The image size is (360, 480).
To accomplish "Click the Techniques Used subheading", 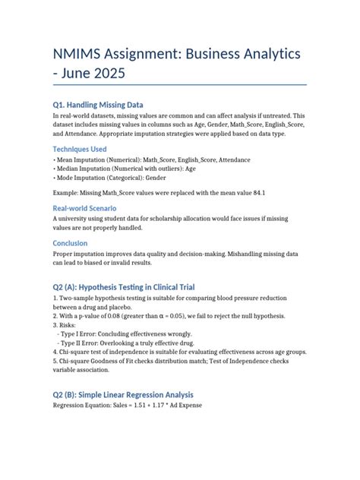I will [x=80, y=149].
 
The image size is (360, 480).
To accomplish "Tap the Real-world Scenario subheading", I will [x=84, y=207].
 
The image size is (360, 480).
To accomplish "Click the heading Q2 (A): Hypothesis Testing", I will [x=124, y=287].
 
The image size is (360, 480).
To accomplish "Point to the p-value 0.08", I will [x=119, y=315].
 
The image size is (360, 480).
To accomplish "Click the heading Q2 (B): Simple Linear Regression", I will [x=123, y=395].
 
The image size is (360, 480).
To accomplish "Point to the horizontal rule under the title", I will [x=179, y=84].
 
